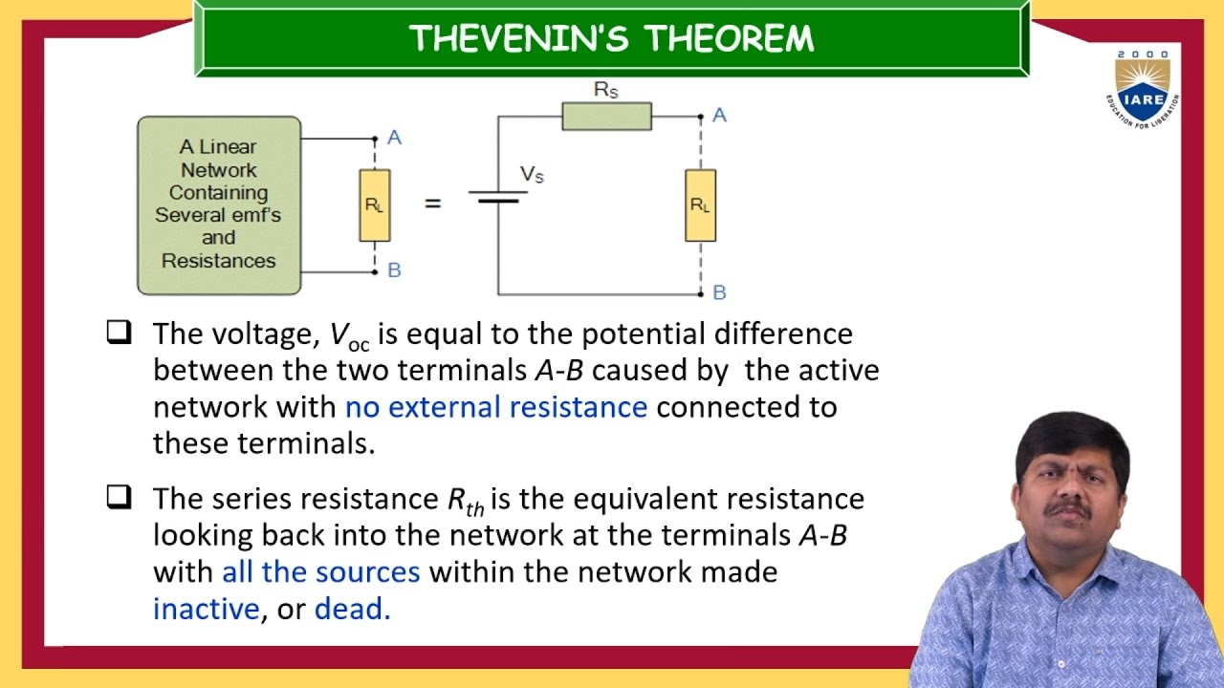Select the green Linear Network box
point(219,204)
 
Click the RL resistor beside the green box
point(374,204)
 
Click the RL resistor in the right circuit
point(700,204)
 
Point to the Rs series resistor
point(606,116)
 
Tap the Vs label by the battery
point(532,174)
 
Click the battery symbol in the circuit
point(497,196)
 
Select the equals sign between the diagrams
point(433,204)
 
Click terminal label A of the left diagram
point(395,139)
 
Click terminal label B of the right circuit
point(719,292)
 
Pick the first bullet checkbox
point(118,333)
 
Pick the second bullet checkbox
point(118,497)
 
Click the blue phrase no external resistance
point(495,407)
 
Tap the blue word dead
point(352,609)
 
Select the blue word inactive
point(206,609)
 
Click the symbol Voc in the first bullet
point(349,335)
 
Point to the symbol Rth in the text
point(466,501)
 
